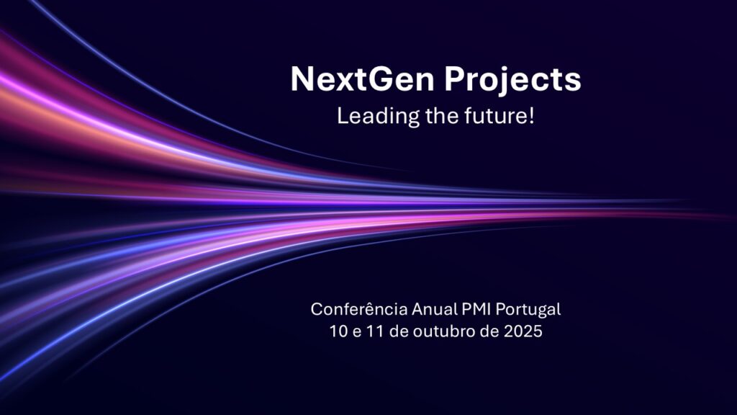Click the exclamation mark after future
pyautogui.click(x=532, y=115)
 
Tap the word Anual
pyautogui.click(x=433, y=310)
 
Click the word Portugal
pyautogui.click(x=530, y=311)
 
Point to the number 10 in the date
pyautogui.click(x=334, y=332)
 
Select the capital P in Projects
pyautogui.click(x=453, y=79)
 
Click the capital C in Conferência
pyautogui.click(x=317, y=310)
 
